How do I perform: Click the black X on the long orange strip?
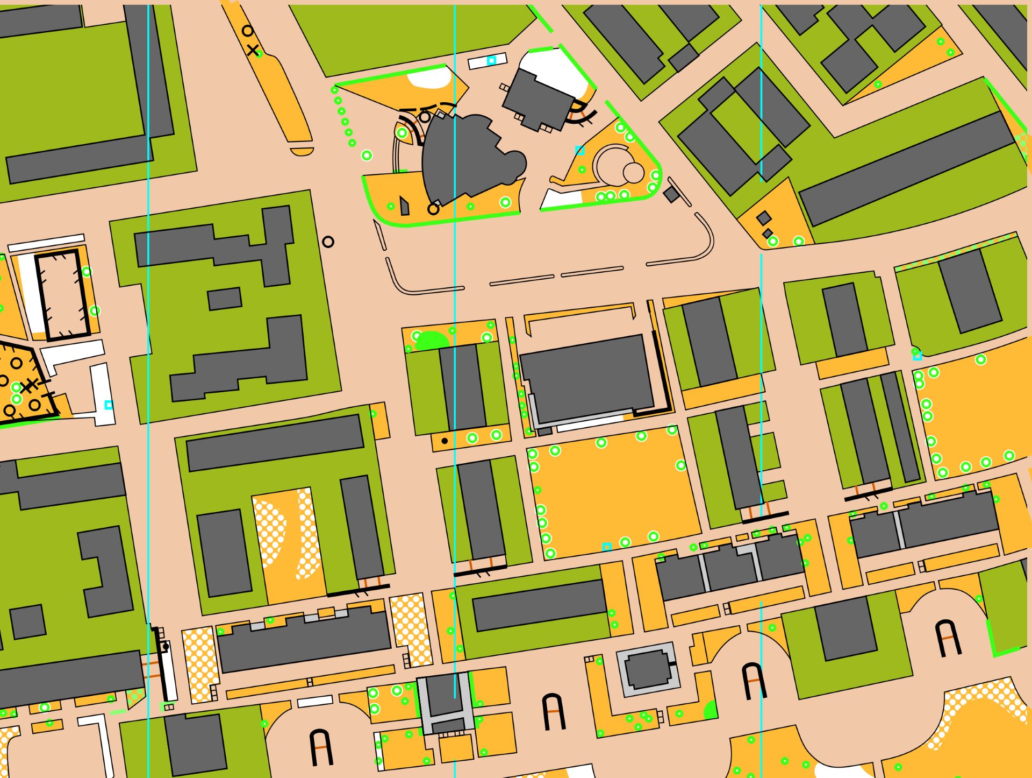252,51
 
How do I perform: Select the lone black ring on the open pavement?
328,242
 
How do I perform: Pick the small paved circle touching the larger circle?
633,173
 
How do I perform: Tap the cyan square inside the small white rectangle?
491,61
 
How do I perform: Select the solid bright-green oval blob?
432,340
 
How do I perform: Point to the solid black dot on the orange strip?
445,441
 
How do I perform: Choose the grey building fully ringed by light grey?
647,669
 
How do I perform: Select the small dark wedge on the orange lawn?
405,206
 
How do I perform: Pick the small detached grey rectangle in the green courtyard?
224,299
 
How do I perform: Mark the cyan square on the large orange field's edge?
607,547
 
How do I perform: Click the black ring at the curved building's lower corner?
433,209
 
